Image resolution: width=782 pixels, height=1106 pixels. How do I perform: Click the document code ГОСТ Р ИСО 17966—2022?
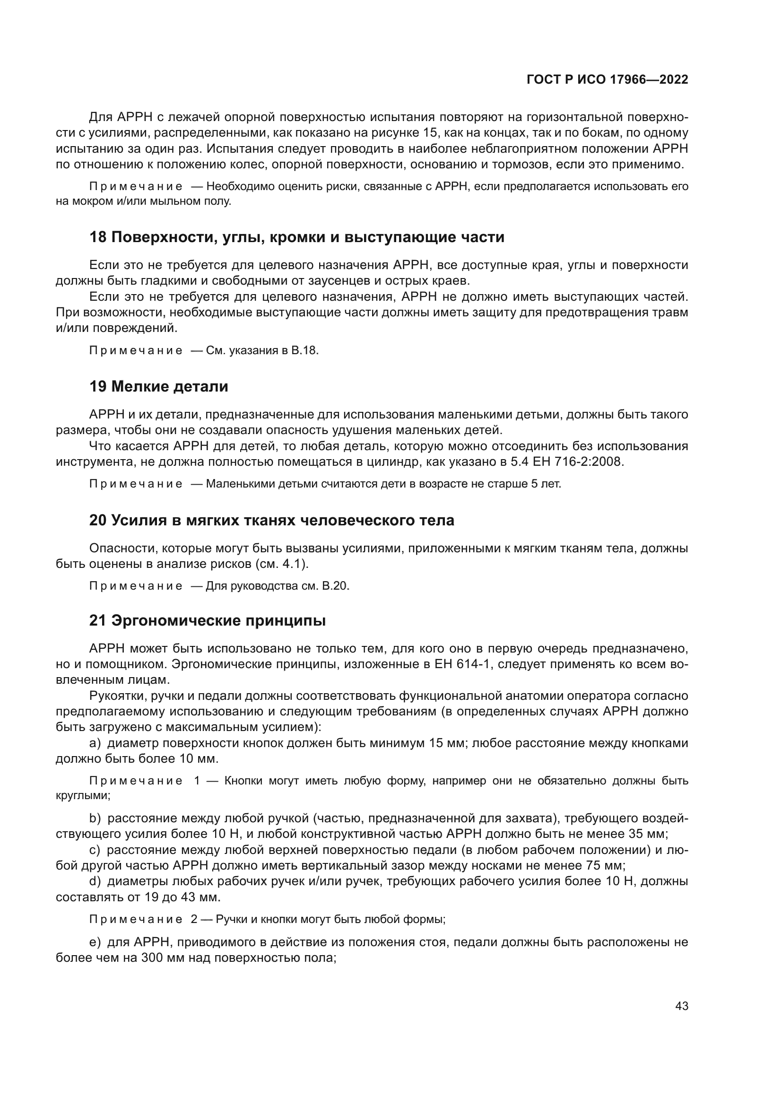(x=607, y=79)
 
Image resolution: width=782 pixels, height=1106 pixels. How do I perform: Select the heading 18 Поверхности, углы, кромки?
(x=296, y=237)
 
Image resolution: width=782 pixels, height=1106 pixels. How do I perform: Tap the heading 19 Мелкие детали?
(x=158, y=386)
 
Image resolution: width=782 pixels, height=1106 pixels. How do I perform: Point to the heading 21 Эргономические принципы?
(x=208, y=621)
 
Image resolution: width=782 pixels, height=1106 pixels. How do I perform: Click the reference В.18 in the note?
(x=305, y=351)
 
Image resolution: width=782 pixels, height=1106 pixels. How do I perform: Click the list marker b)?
(x=96, y=819)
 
